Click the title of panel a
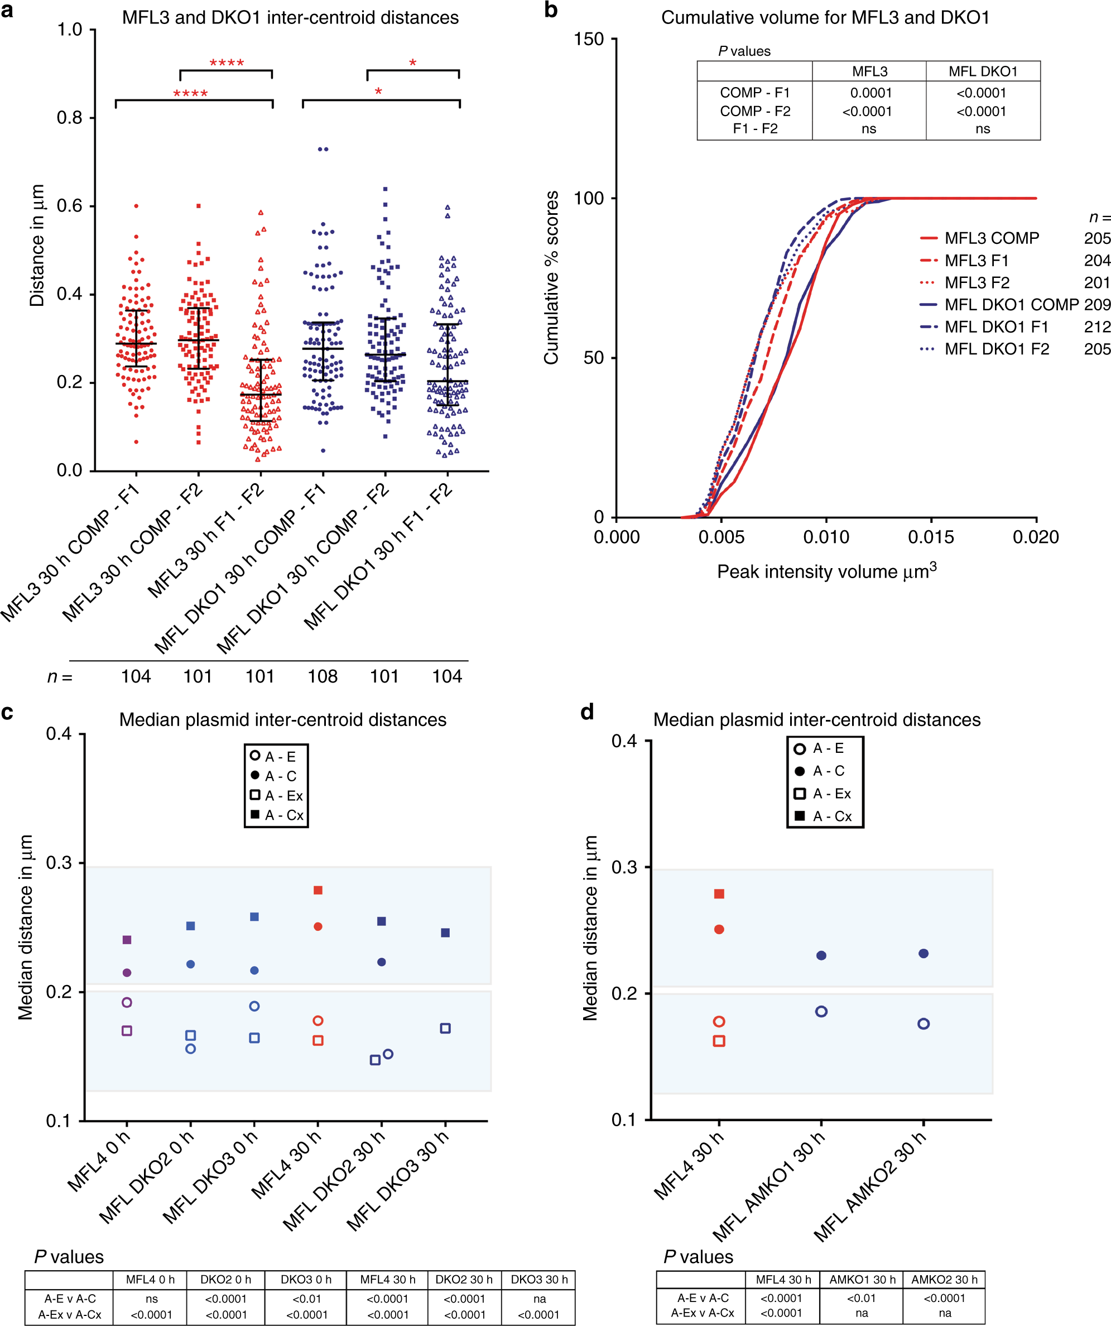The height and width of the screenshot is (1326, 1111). pyautogui.click(x=290, y=18)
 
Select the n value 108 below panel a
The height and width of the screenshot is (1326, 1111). pyautogui.click(x=323, y=677)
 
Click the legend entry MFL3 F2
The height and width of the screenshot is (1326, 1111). pyautogui.click(x=977, y=283)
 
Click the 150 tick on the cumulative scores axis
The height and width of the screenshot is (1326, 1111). pyautogui.click(x=588, y=40)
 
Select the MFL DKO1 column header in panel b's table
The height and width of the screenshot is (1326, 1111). pyautogui.click(x=983, y=71)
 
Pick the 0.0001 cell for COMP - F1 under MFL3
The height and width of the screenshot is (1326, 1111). pyautogui.click(x=871, y=93)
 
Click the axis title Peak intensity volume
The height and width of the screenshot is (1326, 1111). pyautogui.click(x=826, y=571)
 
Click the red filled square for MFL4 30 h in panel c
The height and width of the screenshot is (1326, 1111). pyautogui.click(x=318, y=890)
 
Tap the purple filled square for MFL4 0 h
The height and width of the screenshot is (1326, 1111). pyautogui.click(x=127, y=940)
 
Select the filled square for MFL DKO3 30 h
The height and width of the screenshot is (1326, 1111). pyautogui.click(x=446, y=933)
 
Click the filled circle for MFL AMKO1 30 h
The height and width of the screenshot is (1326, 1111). pyautogui.click(x=821, y=955)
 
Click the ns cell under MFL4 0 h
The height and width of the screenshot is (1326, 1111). pyautogui.click(x=152, y=1299)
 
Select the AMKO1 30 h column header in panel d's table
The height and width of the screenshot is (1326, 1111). pyautogui.click(x=862, y=1279)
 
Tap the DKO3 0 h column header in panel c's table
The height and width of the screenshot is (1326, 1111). pyautogui.click(x=306, y=1279)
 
